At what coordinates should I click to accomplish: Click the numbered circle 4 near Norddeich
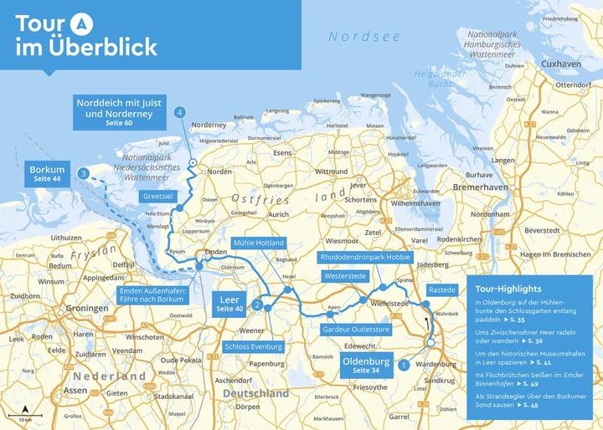coord(179,112)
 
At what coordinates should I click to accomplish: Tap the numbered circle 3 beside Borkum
coord(84,173)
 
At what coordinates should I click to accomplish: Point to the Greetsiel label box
coord(157,197)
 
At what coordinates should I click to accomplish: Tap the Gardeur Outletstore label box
coord(356,330)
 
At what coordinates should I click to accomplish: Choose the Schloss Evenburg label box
coord(254,346)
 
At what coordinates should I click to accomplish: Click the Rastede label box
coord(441,289)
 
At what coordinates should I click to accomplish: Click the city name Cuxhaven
coord(561,64)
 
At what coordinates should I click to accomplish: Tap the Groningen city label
coord(87,308)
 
